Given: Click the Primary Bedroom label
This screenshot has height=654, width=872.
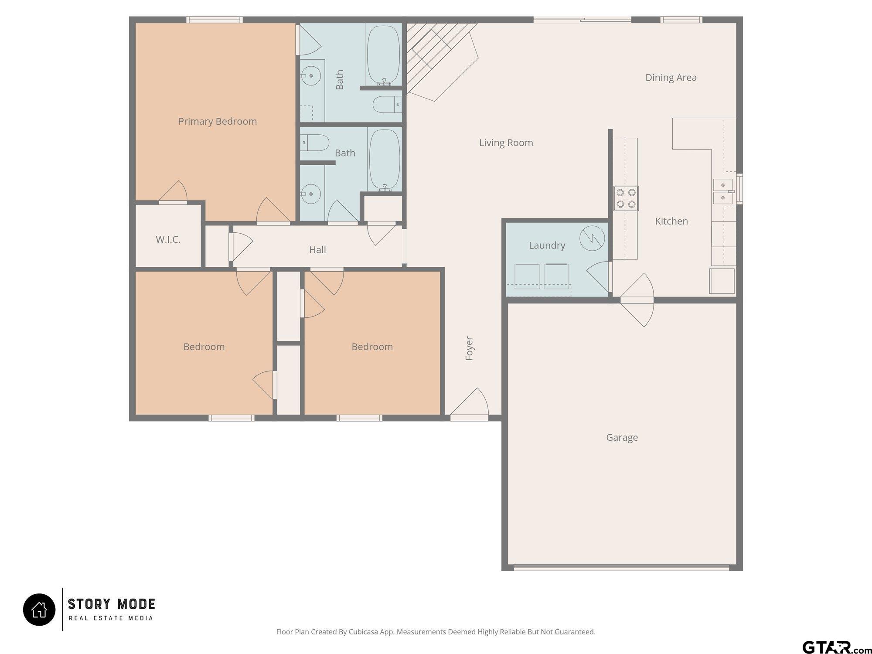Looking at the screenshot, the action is pyautogui.click(x=218, y=121).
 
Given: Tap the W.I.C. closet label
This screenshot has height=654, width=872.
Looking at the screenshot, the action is pyautogui.click(x=168, y=239).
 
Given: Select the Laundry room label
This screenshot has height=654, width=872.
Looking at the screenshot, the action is pyautogui.click(x=547, y=245).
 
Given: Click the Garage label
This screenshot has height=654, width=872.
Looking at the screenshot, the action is pyautogui.click(x=622, y=437).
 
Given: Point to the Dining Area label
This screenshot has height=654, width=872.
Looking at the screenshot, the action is pyautogui.click(x=671, y=78).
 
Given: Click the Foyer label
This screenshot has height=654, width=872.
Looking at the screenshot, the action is pyautogui.click(x=469, y=348).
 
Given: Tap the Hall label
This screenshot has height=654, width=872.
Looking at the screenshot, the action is pyautogui.click(x=317, y=250).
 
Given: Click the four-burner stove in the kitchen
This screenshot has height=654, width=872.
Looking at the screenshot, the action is pyautogui.click(x=626, y=198).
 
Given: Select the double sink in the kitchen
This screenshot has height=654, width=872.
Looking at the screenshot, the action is pyautogui.click(x=723, y=192).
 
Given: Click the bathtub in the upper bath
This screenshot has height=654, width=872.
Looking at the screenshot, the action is pyautogui.click(x=383, y=55).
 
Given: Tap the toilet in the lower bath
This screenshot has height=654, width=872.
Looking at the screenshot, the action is pyautogui.click(x=314, y=143).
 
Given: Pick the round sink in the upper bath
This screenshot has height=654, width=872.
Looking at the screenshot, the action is pyautogui.click(x=311, y=76).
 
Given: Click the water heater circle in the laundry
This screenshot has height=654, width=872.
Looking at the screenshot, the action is pyautogui.click(x=592, y=238).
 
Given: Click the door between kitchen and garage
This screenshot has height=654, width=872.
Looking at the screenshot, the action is pyautogui.click(x=637, y=300).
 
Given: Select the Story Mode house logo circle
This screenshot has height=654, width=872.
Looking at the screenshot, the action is pyautogui.click(x=39, y=610).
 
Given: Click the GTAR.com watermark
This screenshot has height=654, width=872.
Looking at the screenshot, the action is pyautogui.click(x=836, y=647).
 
